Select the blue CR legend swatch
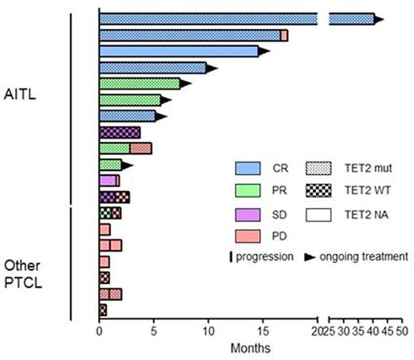tap(251, 168)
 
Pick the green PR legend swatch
tap(251, 191)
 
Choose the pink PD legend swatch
tap(251, 237)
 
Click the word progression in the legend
tap(268, 256)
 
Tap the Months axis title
tap(250, 348)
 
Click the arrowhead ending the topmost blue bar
tap(379, 18)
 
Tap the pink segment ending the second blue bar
tap(284, 35)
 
